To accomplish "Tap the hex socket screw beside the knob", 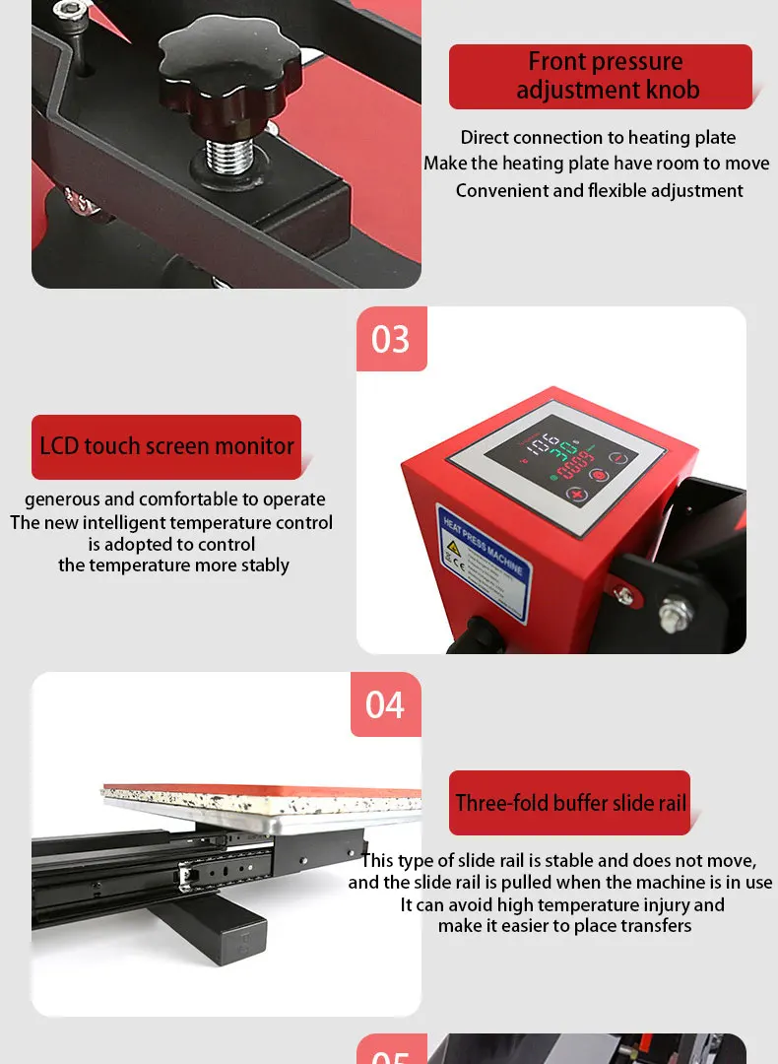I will (x=67, y=11).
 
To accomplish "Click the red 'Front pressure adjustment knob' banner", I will (x=600, y=76).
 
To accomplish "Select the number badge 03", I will (x=391, y=339).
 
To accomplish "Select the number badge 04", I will (x=385, y=704).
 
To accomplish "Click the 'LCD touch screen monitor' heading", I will (x=166, y=446).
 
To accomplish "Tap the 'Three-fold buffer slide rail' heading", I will (x=570, y=803).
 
